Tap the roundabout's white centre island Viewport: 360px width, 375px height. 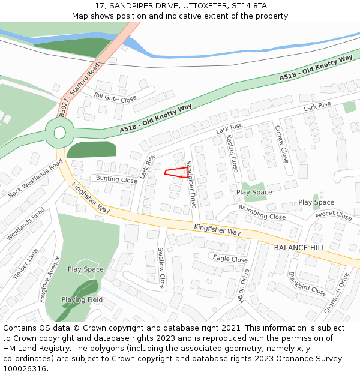click(x=60, y=132)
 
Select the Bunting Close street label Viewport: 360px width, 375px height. click(x=116, y=179)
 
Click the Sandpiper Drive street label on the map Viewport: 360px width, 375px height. click(x=191, y=184)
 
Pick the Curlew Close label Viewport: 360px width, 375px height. click(x=281, y=144)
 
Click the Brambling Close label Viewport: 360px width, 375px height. click(x=262, y=212)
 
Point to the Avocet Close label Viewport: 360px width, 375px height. click(x=333, y=214)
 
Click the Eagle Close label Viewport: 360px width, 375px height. click(x=230, y=259)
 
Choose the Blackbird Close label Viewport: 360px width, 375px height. click(x=307, y=284)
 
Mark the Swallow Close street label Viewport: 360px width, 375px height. click(x=161, y=268)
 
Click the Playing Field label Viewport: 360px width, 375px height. click(x=82, y=299)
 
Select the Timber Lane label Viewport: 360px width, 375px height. click(x=25, y=263)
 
